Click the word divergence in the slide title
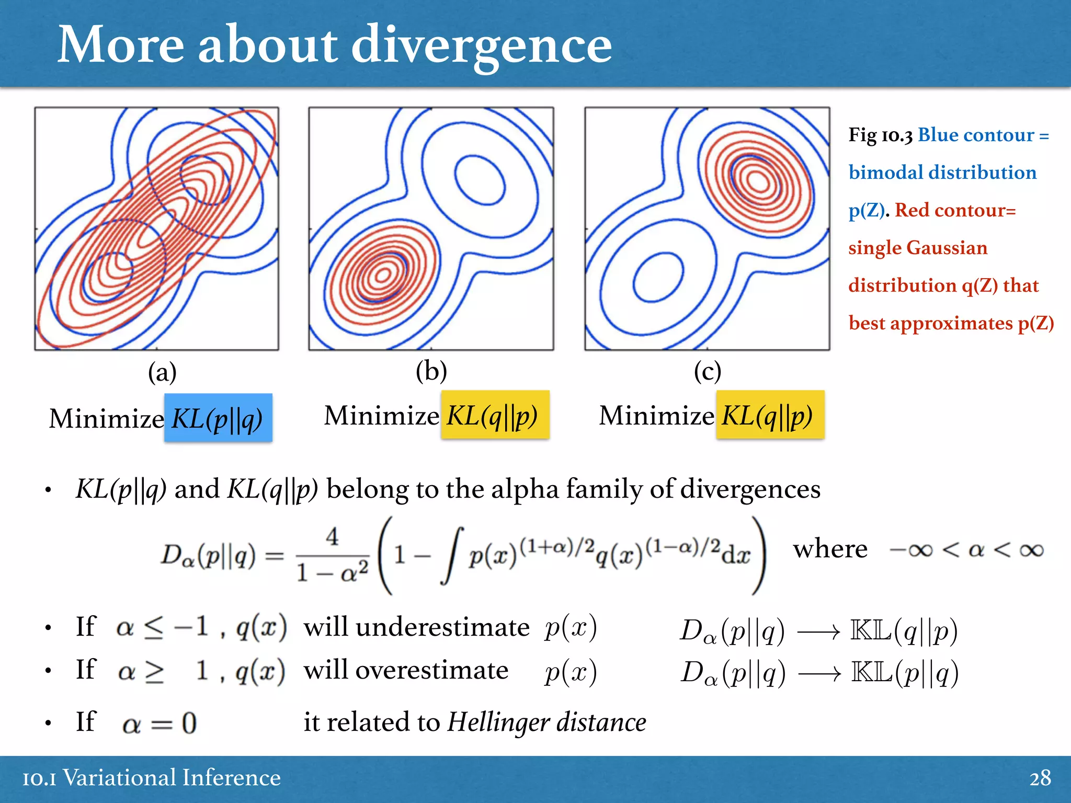tap(481, 46)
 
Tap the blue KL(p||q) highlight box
tap(218, 418)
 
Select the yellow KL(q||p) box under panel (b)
tap(495, 415)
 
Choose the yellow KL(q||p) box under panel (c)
tap(770, 415)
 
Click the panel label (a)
tap(162, 373)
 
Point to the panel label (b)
tap(431, 372)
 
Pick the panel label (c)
tap(708, 372)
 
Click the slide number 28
tap(1040, 778)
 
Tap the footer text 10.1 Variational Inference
tap(152, 778)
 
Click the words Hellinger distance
tap(546, 722)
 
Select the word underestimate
tap(416, 627)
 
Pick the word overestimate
tap(406, 670)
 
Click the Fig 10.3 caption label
tap(880, 135)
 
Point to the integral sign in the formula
tap(453, 555)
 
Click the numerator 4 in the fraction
tap(332, 537)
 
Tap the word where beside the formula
tap(830, 549)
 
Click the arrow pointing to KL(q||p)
tap(818, 633)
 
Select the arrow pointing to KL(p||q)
tap(819, 674)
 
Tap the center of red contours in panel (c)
tap(757, 181)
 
